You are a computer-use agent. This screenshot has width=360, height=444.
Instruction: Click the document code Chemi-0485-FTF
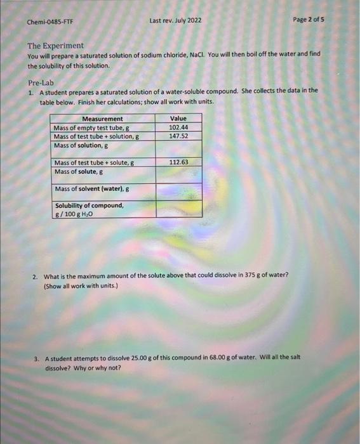(50, 22)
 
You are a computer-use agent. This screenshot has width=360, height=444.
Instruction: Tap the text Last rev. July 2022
(175, 21)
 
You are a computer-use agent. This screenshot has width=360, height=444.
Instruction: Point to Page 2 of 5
(308, 20)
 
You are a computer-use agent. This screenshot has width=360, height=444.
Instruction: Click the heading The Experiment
(55, 46)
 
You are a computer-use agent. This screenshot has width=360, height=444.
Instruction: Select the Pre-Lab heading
(40, 84)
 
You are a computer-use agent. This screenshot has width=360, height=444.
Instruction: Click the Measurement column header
(102, 119)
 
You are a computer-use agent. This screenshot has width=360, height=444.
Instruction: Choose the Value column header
(178, 119)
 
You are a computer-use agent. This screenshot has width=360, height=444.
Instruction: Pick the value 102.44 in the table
(178, 127)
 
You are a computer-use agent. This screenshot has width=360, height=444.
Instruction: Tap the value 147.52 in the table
(178, 136)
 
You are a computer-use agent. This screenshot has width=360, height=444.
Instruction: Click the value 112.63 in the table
(178, 162)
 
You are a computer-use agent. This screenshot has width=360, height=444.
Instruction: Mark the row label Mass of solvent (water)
(92, 189)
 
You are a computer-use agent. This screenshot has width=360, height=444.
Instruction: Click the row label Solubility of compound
(89, 206)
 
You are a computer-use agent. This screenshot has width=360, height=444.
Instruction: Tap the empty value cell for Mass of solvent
(178, 189)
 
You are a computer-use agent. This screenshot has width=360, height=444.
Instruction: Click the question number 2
(35, 275)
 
